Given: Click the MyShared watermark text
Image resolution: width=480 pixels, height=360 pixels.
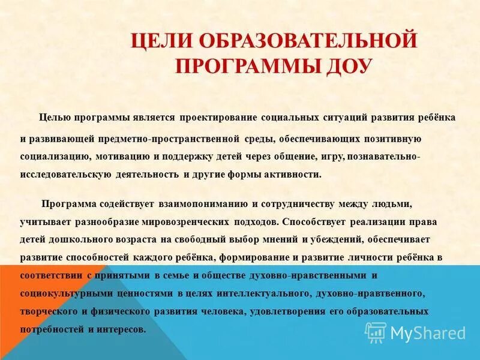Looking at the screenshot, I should [x=427, y=332].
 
